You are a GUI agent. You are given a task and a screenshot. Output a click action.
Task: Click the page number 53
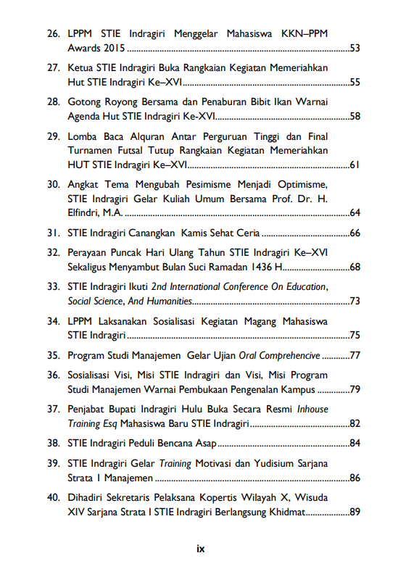coord(355,49)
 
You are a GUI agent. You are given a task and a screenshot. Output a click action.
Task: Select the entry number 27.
coord(53,67)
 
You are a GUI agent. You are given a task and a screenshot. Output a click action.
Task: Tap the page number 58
coord(355,116)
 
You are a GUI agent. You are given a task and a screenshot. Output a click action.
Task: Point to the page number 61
coord(355,165)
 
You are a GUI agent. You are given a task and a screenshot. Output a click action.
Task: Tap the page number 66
coord(355,233)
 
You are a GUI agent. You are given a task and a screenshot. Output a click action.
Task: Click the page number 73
coord(355,301)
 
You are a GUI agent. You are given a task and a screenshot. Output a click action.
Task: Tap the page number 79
coord(355,389)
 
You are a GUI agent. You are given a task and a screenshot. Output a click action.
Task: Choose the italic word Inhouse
coord(312,409)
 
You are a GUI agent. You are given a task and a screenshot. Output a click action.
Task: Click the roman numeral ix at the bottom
coord(201,549)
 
